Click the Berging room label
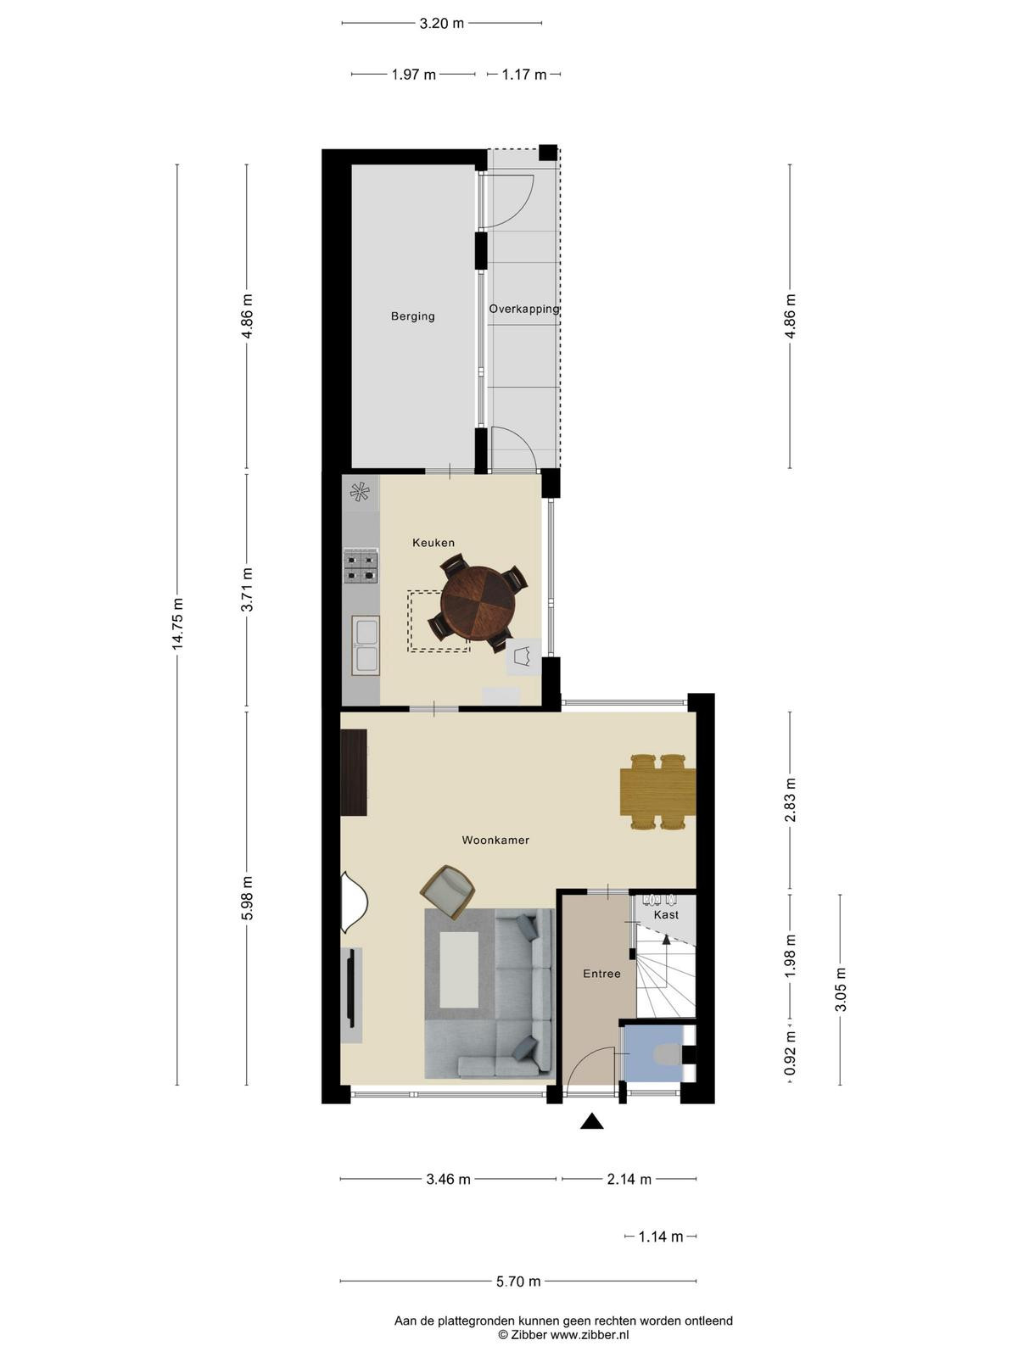pyautogui.click(x=412, y=316)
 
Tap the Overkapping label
pyautogui.click(x=524, y=309)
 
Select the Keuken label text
pyautogui.click(x=433, y=543)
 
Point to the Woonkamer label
pyautogui.click(x=495, y=840)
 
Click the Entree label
pyautogui.click(x=601, y=974)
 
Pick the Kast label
pyautogui.click(x=666, y=914)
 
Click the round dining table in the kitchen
pyautogui.click(x=478, y=604)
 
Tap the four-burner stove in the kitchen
pyautogui.click(x=361, y=567)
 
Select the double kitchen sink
pyautogui.click(x=366, y=645)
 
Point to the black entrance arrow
pyautogui.click(x=591, y=1121)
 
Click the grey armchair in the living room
pyautogui.click(x=448, y=892)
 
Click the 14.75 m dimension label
pyautogui.click(x=178, y=623)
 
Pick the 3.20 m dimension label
pyautogui.click(x=441, y=24)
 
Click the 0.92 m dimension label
pyautogui.click(x=790, y=1053)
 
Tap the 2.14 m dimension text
pyautogui.click(x=629, y=1180)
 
